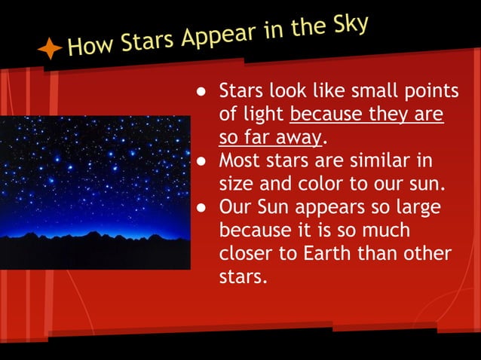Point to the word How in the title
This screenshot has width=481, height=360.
click(89, 47)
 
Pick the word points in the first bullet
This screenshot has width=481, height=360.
click(430, 92)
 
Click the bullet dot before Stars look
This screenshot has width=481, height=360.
click(202, 93)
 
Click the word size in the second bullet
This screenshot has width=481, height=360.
click(237, 185)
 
